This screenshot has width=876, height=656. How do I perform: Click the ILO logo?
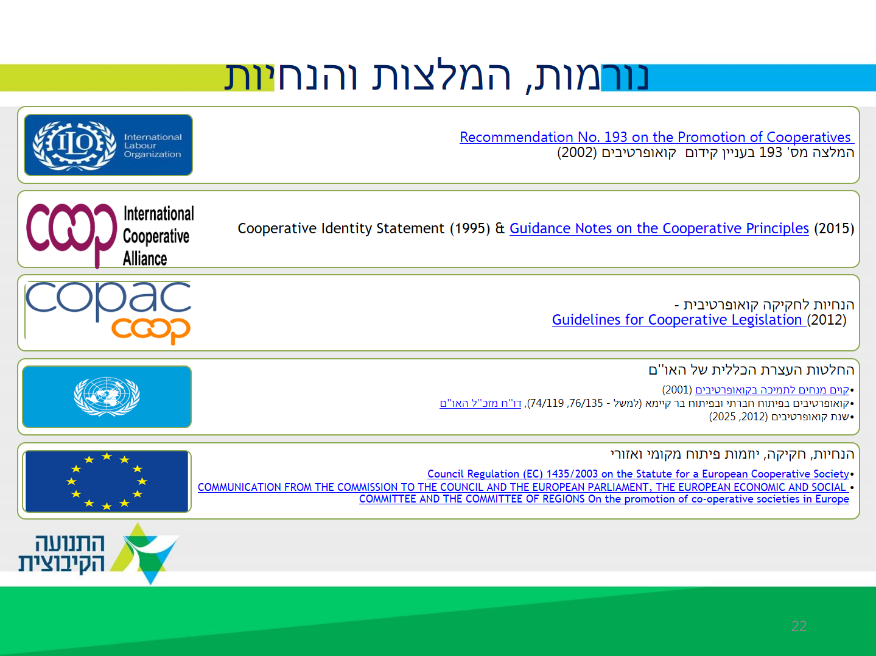[x=108, y=145]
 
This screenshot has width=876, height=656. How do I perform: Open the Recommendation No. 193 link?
[x=656, y=137]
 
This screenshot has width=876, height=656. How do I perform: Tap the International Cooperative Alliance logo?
[x=110, y=236]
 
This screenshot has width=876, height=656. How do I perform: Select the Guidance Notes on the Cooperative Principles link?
[x=659, y=228]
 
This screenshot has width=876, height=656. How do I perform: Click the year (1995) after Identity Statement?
[x=470, y=228]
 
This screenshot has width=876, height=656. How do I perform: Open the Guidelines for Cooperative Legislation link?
[x=679, y=320]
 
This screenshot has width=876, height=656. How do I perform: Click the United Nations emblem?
[x=107, y=397]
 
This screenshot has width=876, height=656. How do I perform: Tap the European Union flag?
[x=107, y=481]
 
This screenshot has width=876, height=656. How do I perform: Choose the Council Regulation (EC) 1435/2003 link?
[x=638, y=474]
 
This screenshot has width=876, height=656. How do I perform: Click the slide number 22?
[x=799, y=626]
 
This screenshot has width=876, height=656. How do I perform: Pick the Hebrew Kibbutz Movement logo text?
[x=62, y=553]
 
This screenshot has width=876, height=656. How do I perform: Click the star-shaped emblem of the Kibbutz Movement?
[x=144, y=554]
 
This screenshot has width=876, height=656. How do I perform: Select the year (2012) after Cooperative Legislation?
[x=827, y=320]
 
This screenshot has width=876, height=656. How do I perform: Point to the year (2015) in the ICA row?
[x=834, y=228]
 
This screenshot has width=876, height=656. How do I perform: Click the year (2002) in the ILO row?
[x=576, y=152]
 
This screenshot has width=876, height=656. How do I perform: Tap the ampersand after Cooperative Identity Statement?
[x=500, y=228]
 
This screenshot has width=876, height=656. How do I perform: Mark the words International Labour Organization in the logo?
[x=152, y=146]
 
